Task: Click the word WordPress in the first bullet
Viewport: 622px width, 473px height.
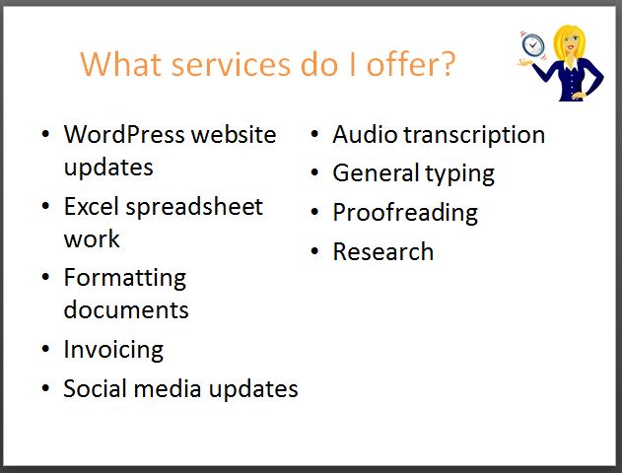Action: pyautogui.click(x=124, y=134)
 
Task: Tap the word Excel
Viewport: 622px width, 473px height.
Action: pyautogui.click(x=91, y=207)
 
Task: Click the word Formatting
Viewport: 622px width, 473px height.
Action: pyautogui.click(x=125, y=279)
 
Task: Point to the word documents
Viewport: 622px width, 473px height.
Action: pyautogui.click(x=126, y=309)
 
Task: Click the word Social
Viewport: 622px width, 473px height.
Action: pyautogui.click(x=95, y=388)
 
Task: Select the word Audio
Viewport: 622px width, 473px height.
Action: pyautogui.click(x=365, y=134)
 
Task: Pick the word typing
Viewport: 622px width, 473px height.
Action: pyautogui.click(x=459, y=174)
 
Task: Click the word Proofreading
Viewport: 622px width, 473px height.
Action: pyautogui.click(x=405, y=214)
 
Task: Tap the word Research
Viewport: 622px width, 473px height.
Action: pyautogui.click(x=383, y=251)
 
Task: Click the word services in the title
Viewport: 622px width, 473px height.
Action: pyautogui.click(x=231, y=64)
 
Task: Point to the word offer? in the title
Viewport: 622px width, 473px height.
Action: pyautogui.click(x=411, y=63)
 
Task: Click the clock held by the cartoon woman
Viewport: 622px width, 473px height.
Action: pyautogui.click(x=532, y=44)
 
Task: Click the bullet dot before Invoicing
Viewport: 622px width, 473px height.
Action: pyautogui.click(x=45, y=349)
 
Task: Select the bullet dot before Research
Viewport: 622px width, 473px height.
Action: pyautogui.click(x=315, y=251)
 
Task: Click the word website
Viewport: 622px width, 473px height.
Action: pyautogui.click(x=234, y=134)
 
